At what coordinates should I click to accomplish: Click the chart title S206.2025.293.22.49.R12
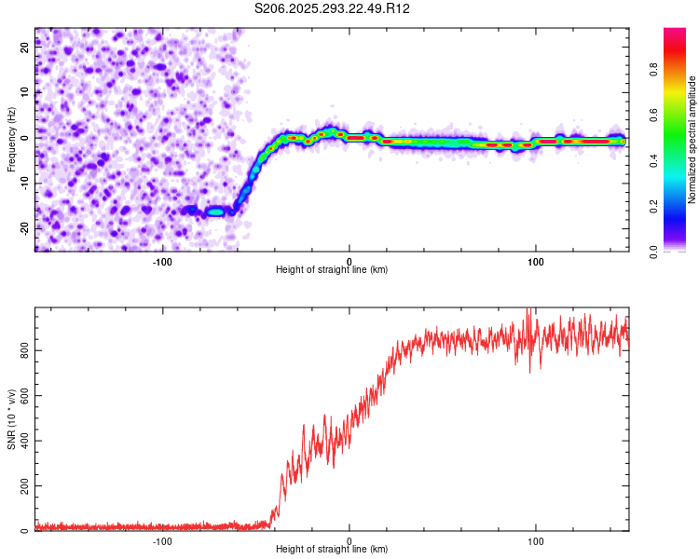(x=333, y=8)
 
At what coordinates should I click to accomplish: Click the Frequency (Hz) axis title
(x=11, y=140)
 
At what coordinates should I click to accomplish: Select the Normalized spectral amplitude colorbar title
(x=692, y=140)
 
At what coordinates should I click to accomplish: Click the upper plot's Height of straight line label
(x=332, y=269)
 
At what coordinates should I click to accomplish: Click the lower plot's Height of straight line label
(x=332, y=549)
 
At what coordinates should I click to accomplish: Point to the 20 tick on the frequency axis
(x=25, y=48)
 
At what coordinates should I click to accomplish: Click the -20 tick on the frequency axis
(x=23, y=228)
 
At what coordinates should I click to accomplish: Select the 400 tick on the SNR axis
(x=21, y=441)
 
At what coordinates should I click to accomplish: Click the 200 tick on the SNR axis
(x=21, y=486)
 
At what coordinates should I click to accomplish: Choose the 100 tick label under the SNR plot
(x=536, y=540)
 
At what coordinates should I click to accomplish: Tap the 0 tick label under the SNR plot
(x=349, y=540)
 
